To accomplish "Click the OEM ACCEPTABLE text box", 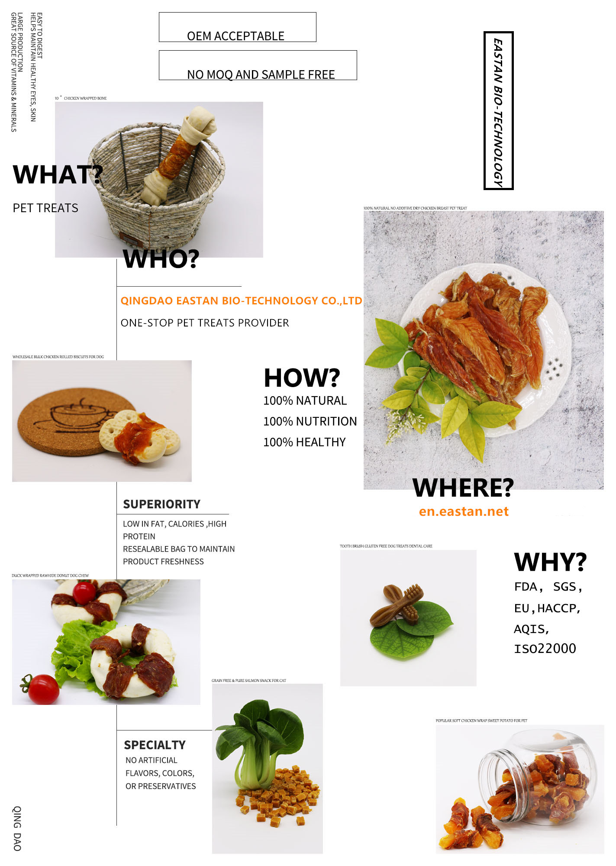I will pyautogui.click(x=237, y=28).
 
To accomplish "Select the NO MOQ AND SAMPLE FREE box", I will pyautogui.click(x=258, y=66).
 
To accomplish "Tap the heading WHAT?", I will pyautogui.click(x=58, y=174).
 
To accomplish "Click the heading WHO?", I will pyautogui.click(x=161, y=259).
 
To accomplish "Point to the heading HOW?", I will pyautogui.click(x=302, y=378).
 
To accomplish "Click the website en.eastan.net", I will pyautogui.click(x=464, y=511).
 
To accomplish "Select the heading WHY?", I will pyautogui.click(x=550, y=562).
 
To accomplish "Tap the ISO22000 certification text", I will pyautogui.click(x=545, y=649).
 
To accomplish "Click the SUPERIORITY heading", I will pyautogui.click(x=161, y=504).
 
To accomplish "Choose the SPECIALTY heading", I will pyautogui.click(x=155, y=745).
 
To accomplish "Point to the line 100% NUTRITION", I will pyautogui.click(x=310, y=421).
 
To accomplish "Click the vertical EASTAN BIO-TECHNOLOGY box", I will pyautogui.click(x=498, y=111).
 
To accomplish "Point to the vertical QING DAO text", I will pyautogui.click(x=17, y=828).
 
